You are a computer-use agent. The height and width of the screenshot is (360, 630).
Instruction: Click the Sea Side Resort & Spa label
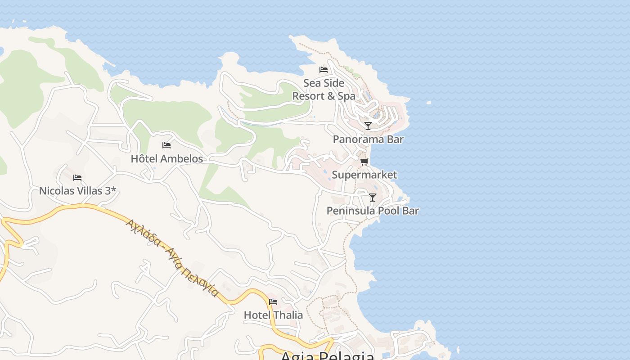point(324,90)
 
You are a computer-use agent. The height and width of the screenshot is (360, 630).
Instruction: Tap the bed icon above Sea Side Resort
point(323,70)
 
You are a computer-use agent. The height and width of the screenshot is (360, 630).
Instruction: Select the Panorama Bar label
point(368,139)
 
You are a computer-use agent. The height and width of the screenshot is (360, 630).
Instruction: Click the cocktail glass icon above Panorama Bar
point(368,126)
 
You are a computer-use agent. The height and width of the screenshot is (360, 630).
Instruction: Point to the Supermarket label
point(364,175)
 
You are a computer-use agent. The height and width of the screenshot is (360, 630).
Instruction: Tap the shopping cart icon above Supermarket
point(364,162)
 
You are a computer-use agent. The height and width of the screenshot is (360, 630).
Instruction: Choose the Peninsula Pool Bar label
point(373,211)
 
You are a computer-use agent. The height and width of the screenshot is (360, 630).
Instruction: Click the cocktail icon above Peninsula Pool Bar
point(373,198)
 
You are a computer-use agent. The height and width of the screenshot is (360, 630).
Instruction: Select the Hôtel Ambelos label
point(167,158)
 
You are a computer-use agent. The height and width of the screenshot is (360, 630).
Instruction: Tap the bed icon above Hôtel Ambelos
point(166,145)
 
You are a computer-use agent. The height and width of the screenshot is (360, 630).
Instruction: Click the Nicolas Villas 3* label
point(77,191)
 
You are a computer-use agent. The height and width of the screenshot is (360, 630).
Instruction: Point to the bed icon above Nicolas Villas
point(77,178)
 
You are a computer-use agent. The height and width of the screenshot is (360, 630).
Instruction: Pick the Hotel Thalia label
point(273,315)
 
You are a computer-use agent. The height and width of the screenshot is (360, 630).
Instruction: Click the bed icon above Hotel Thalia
point(273,302)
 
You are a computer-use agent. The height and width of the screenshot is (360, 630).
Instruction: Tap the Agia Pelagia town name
point(327,356)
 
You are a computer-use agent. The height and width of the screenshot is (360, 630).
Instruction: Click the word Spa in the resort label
point(346,96)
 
